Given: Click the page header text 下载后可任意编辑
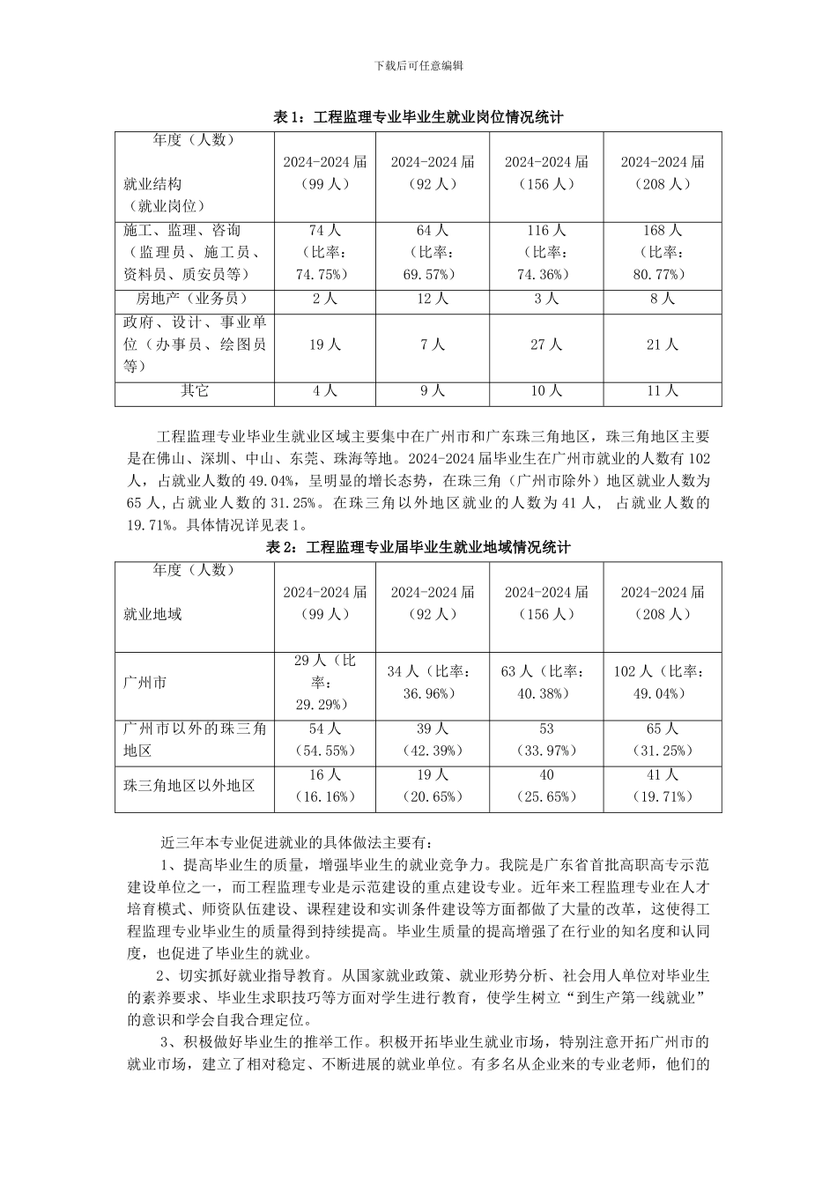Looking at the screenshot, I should [418, 65].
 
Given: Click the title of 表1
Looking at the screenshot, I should [418, 117].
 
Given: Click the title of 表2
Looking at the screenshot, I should [418, 547].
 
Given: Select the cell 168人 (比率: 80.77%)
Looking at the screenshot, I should [663, 252].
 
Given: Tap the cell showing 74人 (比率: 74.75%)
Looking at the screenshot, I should [324, 252].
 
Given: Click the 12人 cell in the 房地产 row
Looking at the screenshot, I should [432, 299].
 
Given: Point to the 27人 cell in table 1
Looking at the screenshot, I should [546, 344].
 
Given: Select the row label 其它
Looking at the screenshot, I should [195, 390].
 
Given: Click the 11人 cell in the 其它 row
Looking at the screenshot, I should [663, 390].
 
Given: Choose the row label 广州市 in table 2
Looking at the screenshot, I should [145, 683].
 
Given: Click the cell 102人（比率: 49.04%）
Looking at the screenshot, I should [663, 683].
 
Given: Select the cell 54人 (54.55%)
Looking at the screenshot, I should [324, 740].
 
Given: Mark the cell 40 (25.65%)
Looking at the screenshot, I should [546, 786].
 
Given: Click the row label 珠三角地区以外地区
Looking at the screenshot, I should [189, 784].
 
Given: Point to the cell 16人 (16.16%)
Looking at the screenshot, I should [324, 786].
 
